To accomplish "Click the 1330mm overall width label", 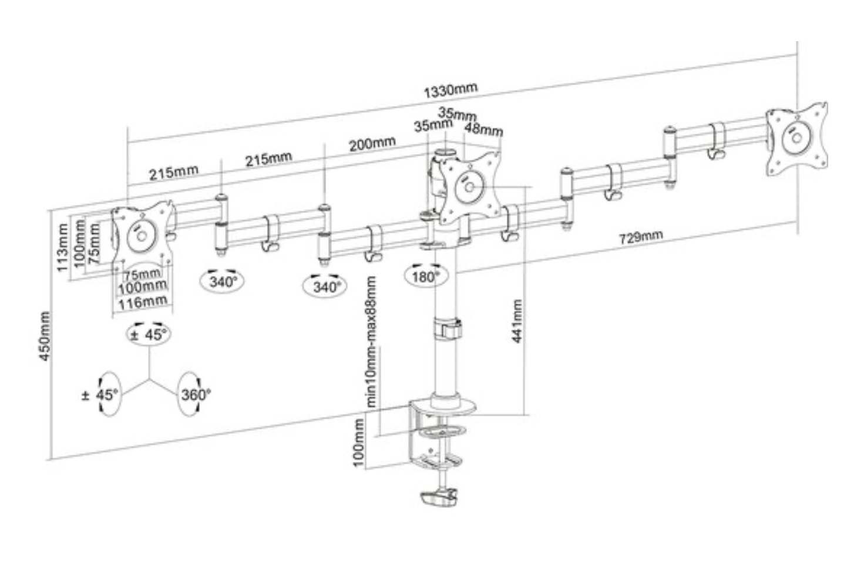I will pyautogui.click(x=450, y=90).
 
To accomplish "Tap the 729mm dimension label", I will pyautogui.click(x=640, y=237).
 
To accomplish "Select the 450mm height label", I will pyautogui.click(x=45, y=337).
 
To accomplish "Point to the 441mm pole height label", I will pyautogui.click(x=517, y=322).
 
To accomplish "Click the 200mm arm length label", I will pyautogui.click(x=372, y=143).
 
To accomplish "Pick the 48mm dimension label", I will pyautogui.click(x=483, y=129).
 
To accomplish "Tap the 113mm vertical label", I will pyautogui.click(x=62, y=247).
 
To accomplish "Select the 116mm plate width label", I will pyautogui.click(x=142, y=303).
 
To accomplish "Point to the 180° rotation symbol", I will pyautogui.click(x=425, y=276).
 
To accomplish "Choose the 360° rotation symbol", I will pyautogui.click(x=194, y=394).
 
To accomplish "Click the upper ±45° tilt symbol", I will pyautogui.click(x=149, y=334).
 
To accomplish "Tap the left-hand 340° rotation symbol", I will pyautogui.click(x=223, y=281).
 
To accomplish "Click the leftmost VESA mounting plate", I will pyautogui.click(x=142, y=235).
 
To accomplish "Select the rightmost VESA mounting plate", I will pyautogui.click(x=796, y=139).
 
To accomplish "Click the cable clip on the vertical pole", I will pyautogui.click(x=447, y=329).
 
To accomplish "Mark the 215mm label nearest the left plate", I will pyautogui.click(x=173, y=172).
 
